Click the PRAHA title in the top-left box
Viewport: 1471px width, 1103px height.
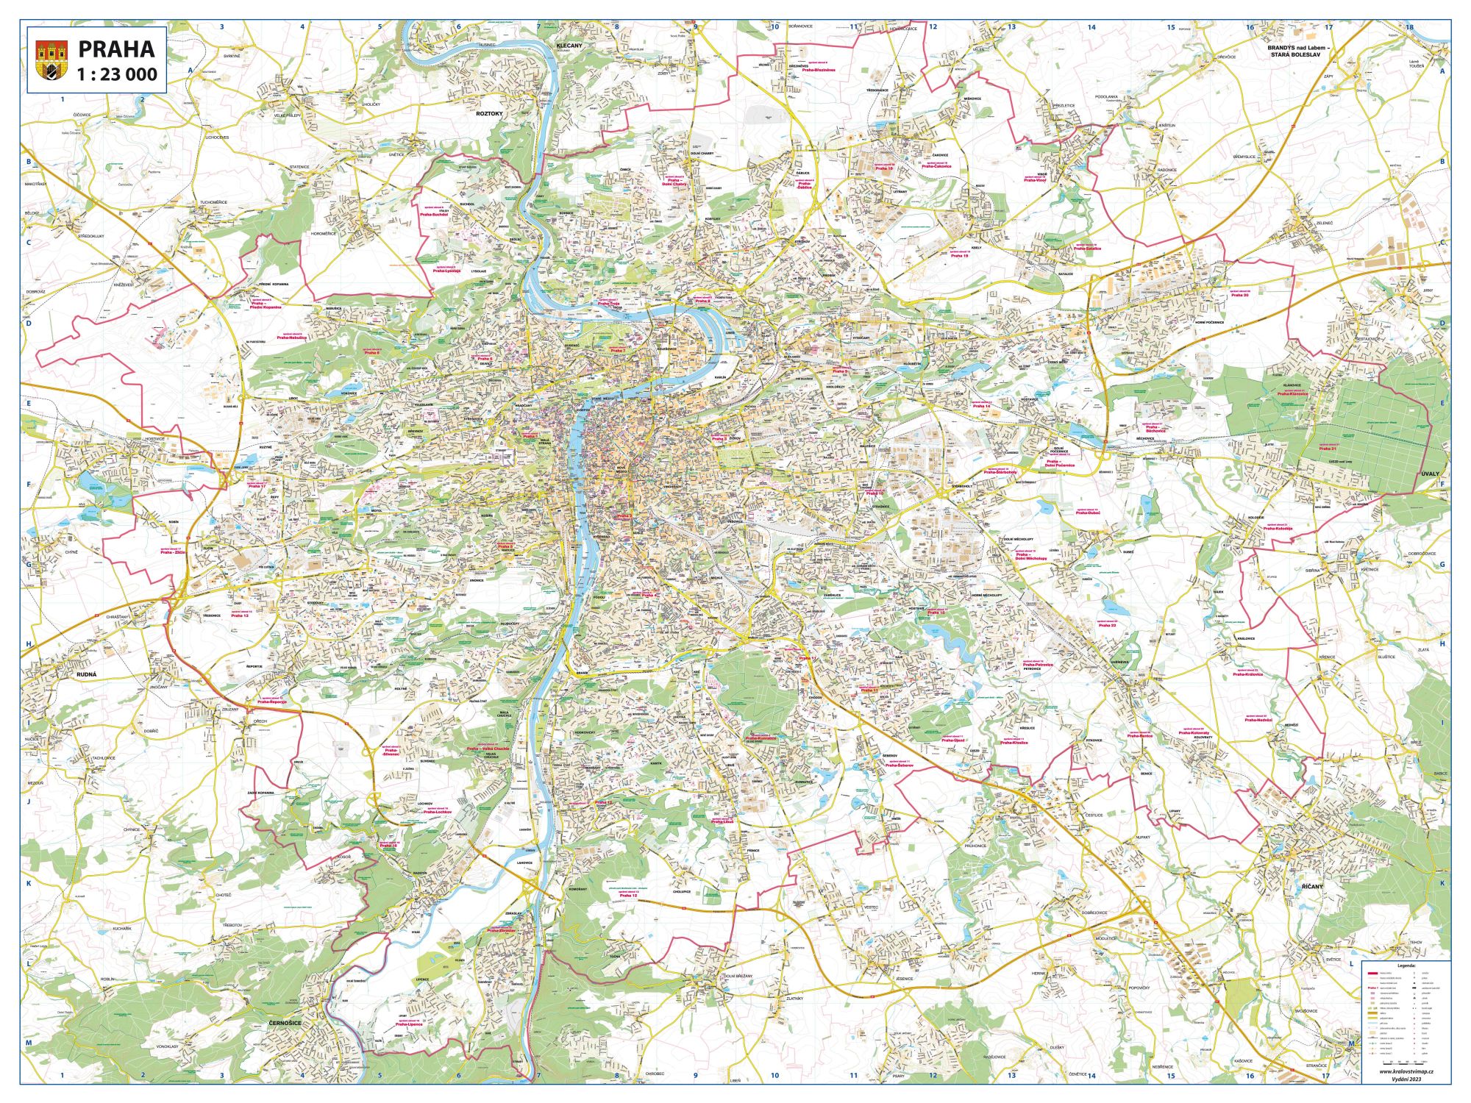[x=116, y=49]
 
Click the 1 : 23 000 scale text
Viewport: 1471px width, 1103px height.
[x=116, y=74]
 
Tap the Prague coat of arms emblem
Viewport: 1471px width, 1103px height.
[x=51, y=60]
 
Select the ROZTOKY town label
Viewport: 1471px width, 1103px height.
[x=488, y=114]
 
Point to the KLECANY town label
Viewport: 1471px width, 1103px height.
[x=569, y=46]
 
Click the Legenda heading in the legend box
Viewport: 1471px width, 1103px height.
[x=1406, y=965]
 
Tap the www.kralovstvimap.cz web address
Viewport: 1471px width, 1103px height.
[x=1406, y=1071]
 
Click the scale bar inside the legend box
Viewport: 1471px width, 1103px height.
[x=1407, y=1061]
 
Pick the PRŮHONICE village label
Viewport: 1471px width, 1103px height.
[x=975, y=846]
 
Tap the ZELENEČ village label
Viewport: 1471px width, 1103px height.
[x=1325, y=223]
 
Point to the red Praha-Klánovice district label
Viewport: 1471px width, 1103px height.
[x=1293, y=394]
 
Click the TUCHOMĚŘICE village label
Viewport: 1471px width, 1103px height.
[x=213, y=201]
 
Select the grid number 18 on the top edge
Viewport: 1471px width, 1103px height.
[x=1409, y=28]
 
